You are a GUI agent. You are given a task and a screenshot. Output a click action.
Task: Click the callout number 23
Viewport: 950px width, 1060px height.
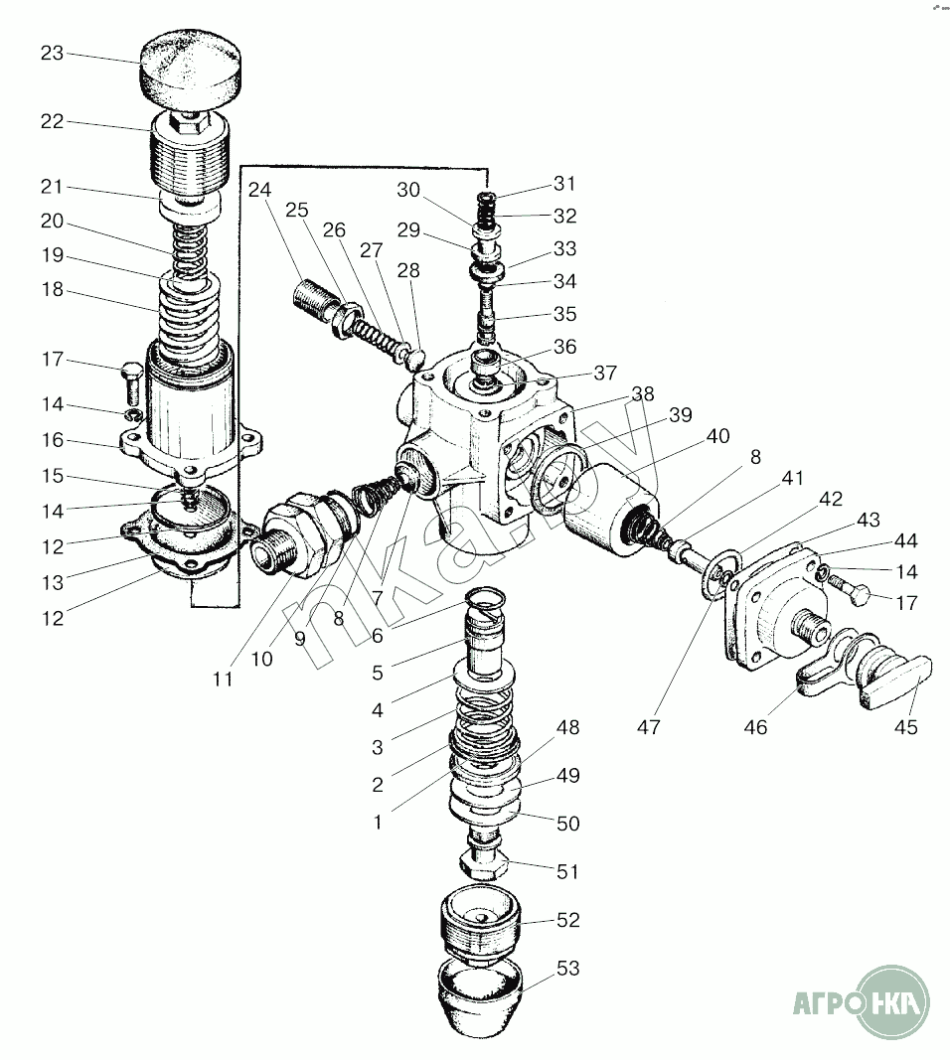(52, 54)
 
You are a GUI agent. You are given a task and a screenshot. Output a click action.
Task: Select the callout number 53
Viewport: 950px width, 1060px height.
(567, 969)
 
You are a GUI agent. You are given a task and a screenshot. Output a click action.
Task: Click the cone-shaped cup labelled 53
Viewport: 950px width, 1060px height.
(481, 993)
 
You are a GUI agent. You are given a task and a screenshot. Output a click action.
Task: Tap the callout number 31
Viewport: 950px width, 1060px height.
(564, 184)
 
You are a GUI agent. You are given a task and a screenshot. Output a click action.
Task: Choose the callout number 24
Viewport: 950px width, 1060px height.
(259, 190)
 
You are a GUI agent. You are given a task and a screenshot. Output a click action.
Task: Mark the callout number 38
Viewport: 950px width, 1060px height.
(643, 393)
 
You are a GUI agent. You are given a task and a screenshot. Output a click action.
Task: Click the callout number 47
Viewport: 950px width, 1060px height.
(649, 727)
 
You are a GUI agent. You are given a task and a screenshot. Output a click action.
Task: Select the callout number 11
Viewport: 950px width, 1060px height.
(223, 680)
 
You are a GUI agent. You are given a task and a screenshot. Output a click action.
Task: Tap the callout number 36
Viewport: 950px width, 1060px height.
(564, 347)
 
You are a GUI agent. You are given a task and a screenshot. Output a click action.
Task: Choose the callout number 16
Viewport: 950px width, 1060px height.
(52, 439)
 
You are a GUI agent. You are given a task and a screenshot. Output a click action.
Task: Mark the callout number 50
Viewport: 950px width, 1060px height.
(567, 824)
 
